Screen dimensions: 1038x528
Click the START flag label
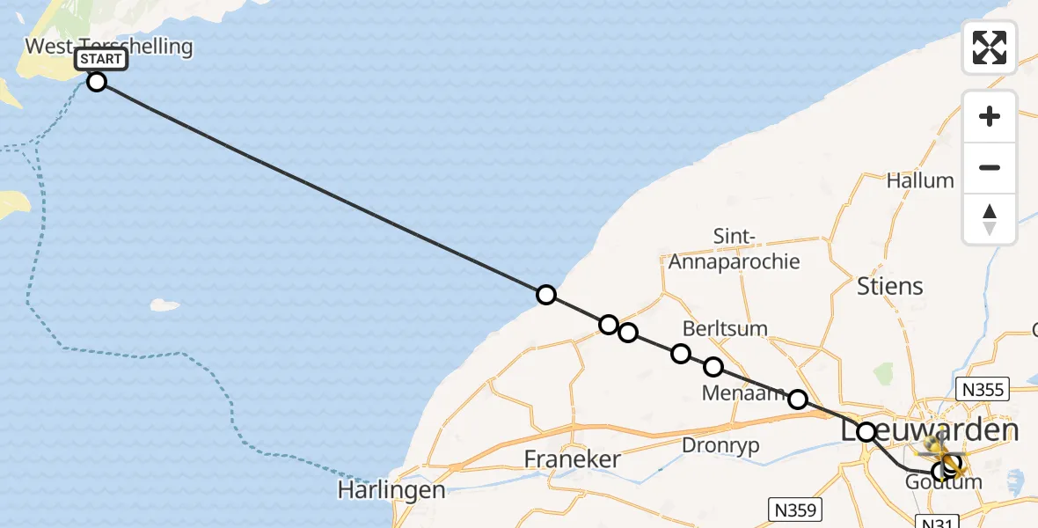pyautogui.click(x=101, y=60)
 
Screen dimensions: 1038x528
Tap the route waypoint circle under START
pyautogui.click(x=97, y=82)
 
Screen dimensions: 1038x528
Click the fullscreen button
pyautogui.click(x=990, y=47)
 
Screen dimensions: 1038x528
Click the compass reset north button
pyautogui.click(x=990, y=219)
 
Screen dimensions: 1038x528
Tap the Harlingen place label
pyautogui.click(x=391, y=490)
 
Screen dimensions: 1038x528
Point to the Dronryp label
pyautogui.click(x=720, y=445)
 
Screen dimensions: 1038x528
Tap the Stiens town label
pyautogui.click(x=890, y=286)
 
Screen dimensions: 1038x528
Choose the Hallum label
pyautogui.click(x=920, y=180)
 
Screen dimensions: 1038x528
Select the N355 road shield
pyautogui.click(x=983, y=389)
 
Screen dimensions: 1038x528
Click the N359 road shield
pyautogui.click(x=797, y=510)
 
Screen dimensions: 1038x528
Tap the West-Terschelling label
pyautogui.click(x=109, y=46)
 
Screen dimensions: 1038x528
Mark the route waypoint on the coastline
pyautogui.click(x=546, y=295)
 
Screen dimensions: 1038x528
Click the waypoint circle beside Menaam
pyautogui.click(x=798, y=400)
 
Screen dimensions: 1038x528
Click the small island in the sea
pyautogui.click(x=165, y=305)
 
